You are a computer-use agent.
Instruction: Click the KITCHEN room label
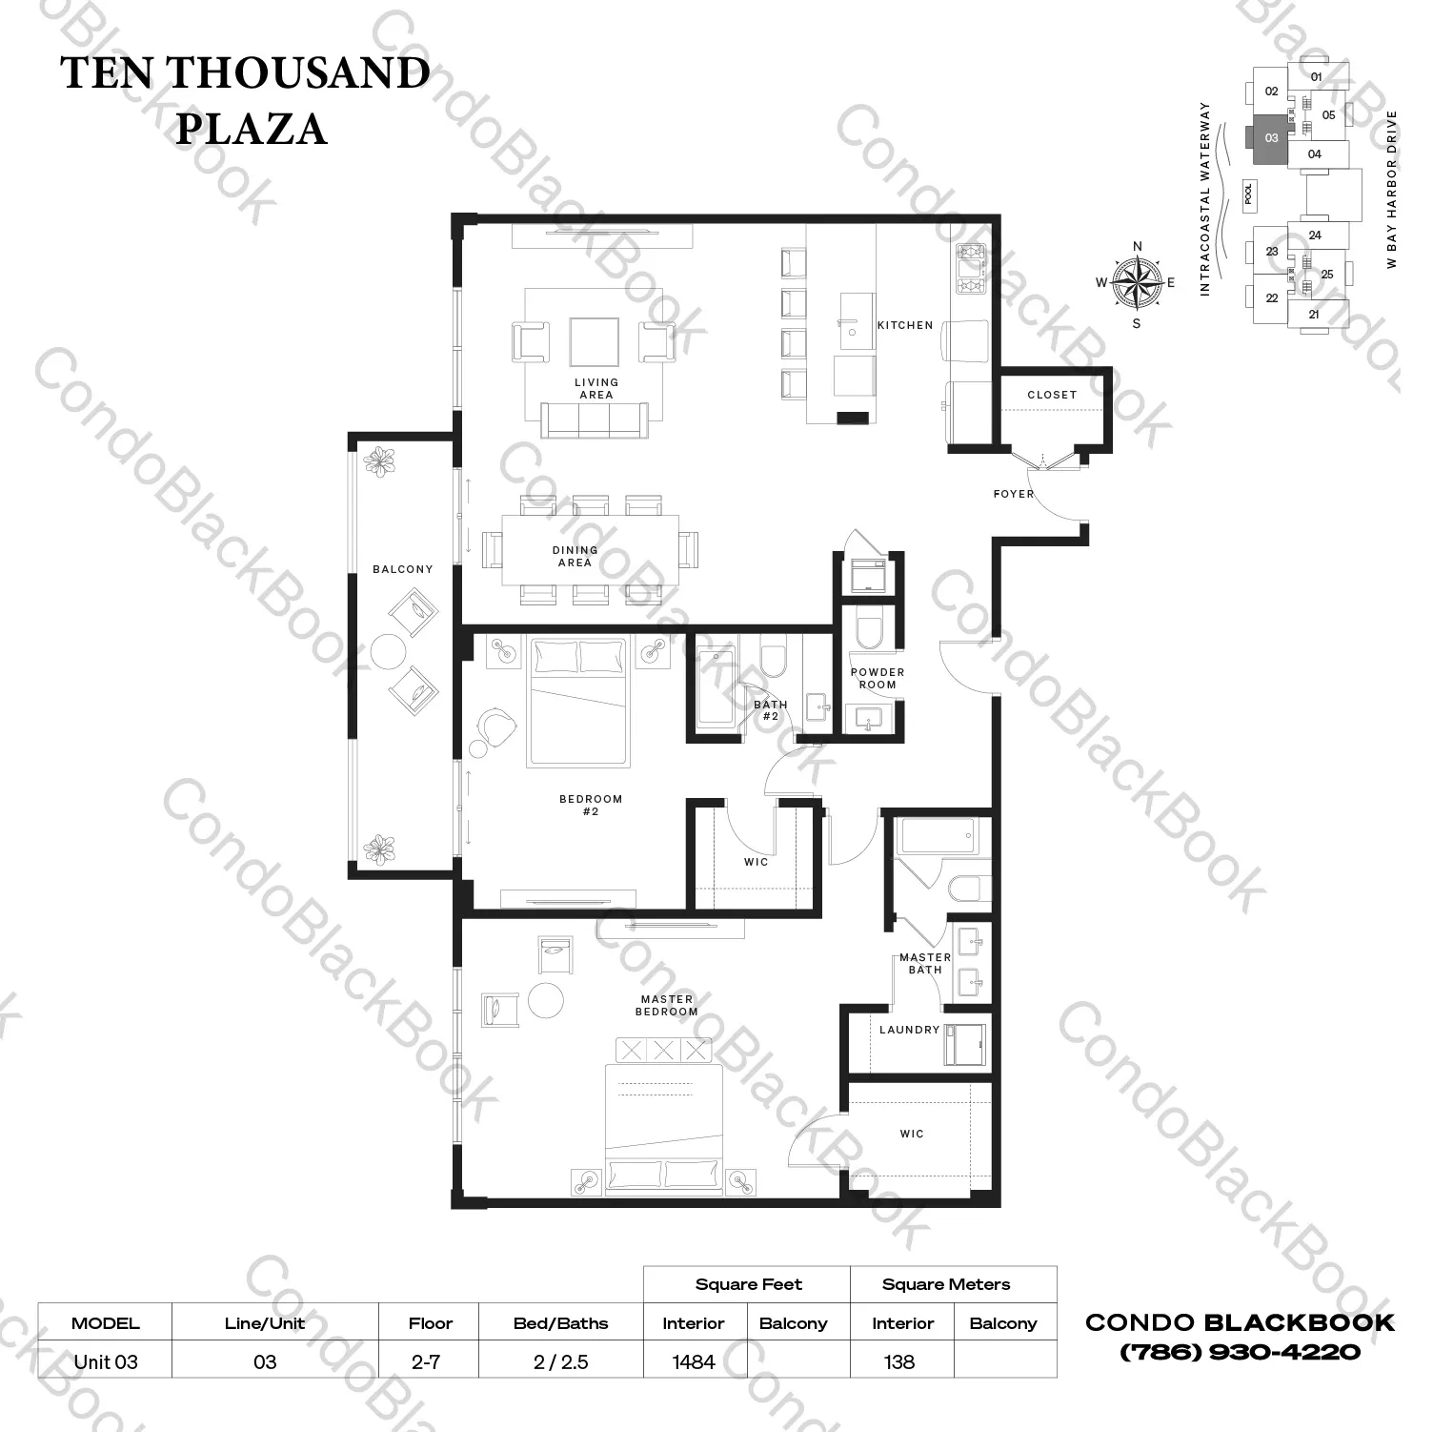pos(905,325)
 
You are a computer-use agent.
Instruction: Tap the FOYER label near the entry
pos(1014,494)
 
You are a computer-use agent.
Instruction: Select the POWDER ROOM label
pos(878,678)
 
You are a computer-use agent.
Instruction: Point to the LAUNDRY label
pos(910,1030)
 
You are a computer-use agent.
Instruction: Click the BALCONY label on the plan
pos(403,569)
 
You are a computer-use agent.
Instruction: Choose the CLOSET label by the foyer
pos(1052,395)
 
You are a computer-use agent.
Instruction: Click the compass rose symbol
pos(1137,283)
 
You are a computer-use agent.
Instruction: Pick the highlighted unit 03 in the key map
pos(1270,139)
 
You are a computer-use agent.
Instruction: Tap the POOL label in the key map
pos(1249,194)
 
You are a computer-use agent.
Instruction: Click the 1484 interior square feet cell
pos(694,1361)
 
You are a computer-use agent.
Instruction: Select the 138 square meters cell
pos(899,1361)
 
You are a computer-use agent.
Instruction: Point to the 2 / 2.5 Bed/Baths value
pos(560,1361)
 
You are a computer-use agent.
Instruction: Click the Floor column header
pos(431,1323)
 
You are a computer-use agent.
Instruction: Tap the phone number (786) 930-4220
pos(1240,1352)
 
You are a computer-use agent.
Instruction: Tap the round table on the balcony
pos(388,652)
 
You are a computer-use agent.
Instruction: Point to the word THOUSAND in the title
pos(300,72)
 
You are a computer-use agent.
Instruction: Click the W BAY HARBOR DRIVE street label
pos(1392,189)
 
